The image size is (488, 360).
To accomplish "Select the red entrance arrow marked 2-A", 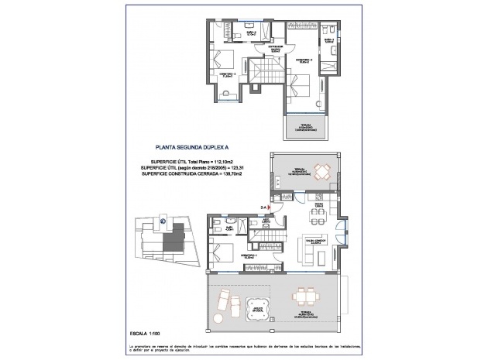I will point(265,207).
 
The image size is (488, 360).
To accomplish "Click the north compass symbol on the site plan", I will point(163,220).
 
